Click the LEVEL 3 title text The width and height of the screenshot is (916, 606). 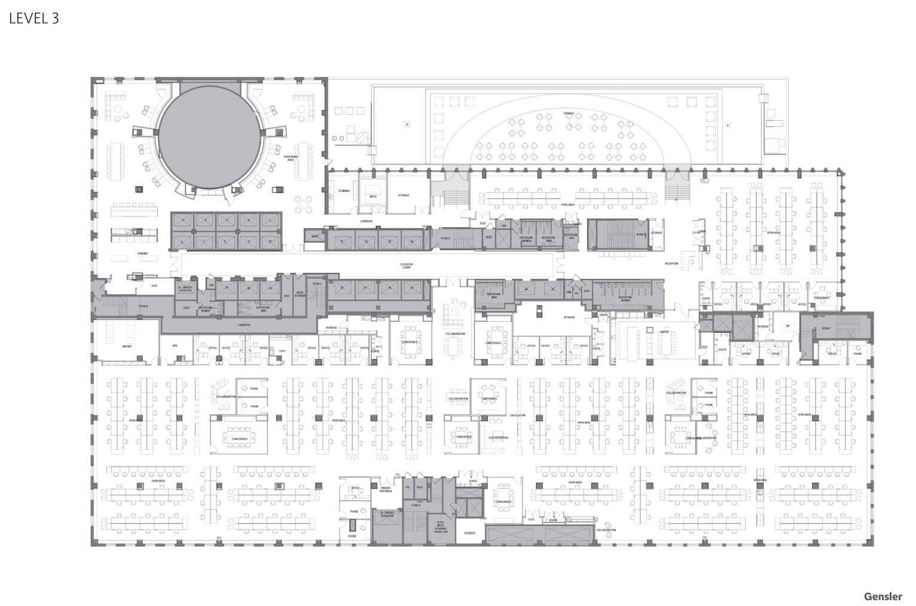[34, 19]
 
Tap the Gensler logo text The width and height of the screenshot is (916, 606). [883, 596]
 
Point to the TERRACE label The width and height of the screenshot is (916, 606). [568, 113]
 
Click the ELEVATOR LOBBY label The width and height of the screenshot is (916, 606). [407, 265]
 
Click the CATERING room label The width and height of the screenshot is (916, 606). [344, 191]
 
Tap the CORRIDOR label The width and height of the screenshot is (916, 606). [366, 221]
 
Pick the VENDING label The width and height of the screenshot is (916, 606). [142, 254]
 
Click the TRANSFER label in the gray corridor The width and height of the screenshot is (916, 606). [244, 325]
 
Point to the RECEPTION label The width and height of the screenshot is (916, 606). [671, 263]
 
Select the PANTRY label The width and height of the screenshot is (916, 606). [664, 330]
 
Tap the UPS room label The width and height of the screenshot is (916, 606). [175, 346]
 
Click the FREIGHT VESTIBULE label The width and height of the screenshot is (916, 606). [386, 489]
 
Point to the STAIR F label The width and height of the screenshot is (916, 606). [826, 328]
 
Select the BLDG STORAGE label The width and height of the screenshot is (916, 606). [300, 294]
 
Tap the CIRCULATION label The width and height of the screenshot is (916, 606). [517, 415]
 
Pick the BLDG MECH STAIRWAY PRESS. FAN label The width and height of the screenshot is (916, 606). [441, 526]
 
